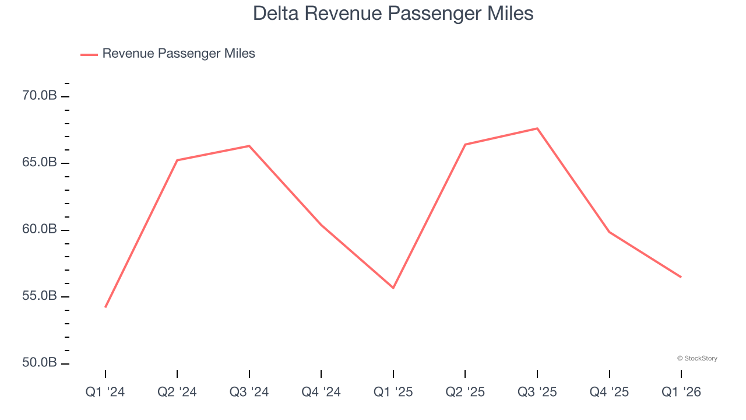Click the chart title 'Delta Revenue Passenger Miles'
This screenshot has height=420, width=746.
[x=393, y=13]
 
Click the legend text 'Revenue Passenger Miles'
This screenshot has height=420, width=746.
[x=178, y=54]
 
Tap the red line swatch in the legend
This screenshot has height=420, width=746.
[x=89, y=54]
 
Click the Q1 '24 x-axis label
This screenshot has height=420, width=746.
[x=105, y=392]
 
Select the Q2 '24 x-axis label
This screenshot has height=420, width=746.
[x=177, y=392]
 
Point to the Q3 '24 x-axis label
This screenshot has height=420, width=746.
[x=249, y=392]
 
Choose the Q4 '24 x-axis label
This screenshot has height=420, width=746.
[x=321, y=392]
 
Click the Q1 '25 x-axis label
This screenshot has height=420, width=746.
[x=393, y=392]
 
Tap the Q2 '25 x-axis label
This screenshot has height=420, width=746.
[x=465, y=392]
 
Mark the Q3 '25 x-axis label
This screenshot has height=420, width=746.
[x=537, y=392]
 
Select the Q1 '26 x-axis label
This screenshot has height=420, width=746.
[x=681, y=392]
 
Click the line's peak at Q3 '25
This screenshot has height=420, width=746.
[x=537, y=128]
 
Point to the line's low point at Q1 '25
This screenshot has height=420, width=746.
[x=393, y=288]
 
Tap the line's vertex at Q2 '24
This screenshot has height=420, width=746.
[x=177, y=160]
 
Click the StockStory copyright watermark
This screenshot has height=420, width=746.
[x=697, y=358]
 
